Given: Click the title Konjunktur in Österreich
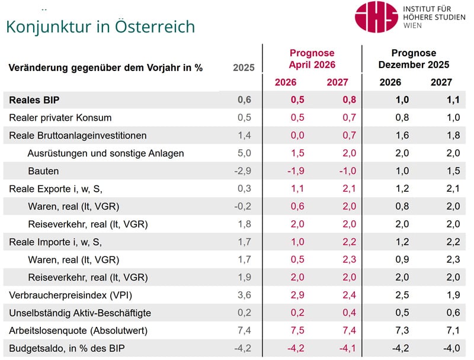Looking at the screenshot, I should pyautogui.click(x=100, y=27).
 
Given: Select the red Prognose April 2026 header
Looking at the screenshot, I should pyautogui.click(x=312, y=59).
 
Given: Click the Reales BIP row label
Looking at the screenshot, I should pyautogui.click(x=33, y=99).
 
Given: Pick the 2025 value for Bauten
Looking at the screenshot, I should pyautogui.click(x=244, y=171).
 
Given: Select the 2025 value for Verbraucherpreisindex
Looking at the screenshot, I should pyautogui.click(x=244, y=295).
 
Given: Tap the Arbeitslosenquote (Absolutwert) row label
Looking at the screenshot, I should pyautogui.click(x=78, y=330).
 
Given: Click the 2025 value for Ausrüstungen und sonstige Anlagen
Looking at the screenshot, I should pyautogui.click(x=244, y=153).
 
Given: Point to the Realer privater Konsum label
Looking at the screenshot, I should pyautogui.click(x=60, y=117).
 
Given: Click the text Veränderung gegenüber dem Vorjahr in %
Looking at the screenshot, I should pyautogui.click(x=106, y=67).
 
